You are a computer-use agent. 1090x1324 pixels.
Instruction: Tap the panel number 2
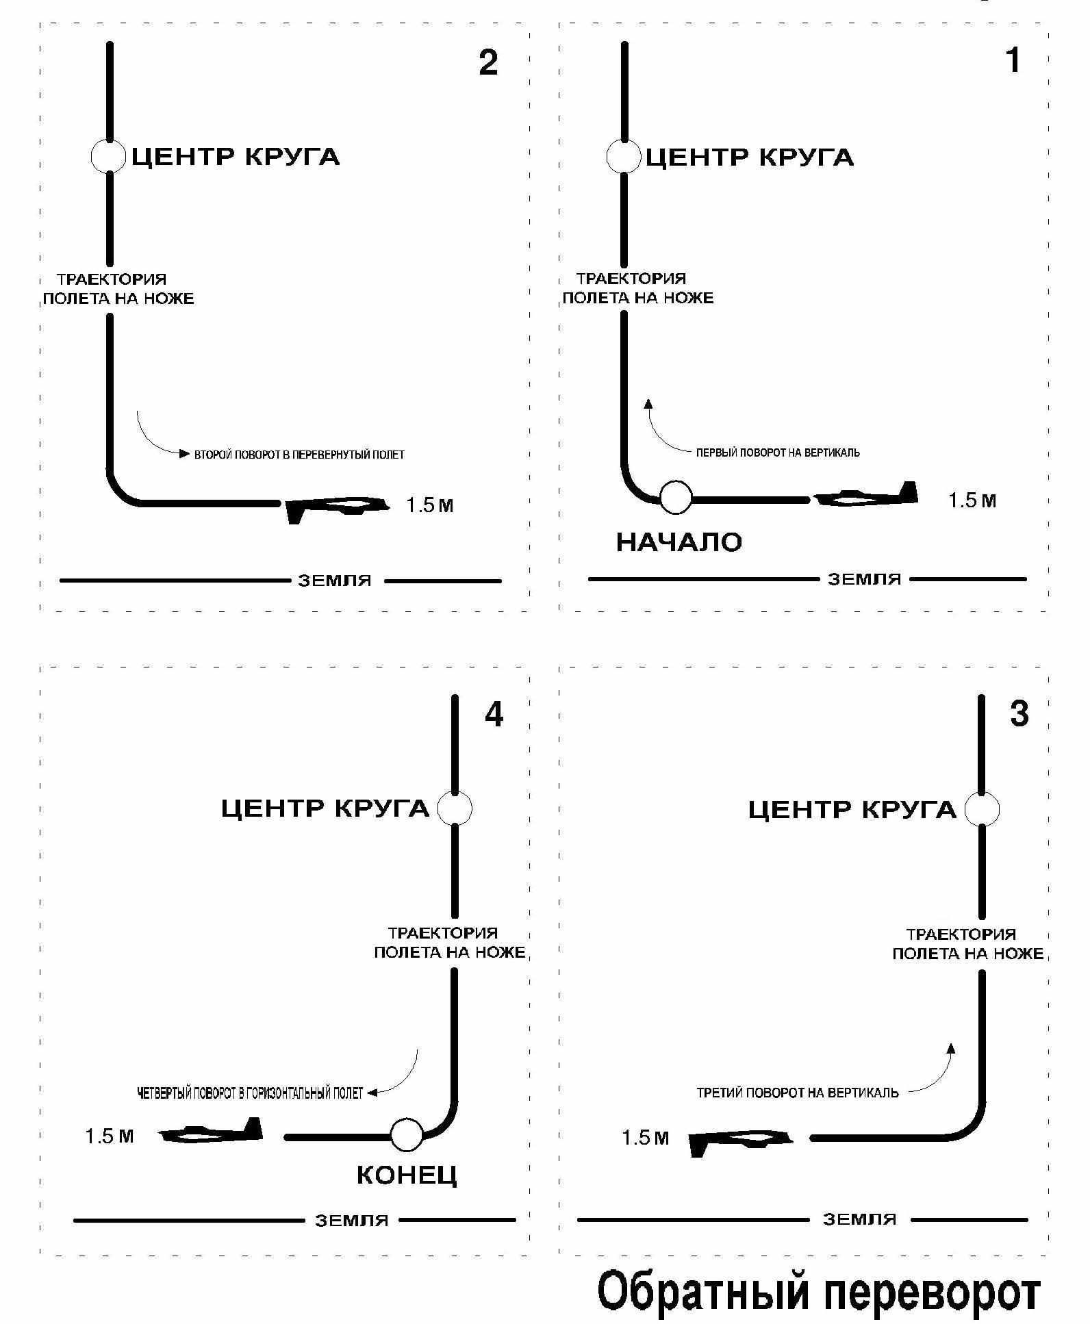coord(487,63)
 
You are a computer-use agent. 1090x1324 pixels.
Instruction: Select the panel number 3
coord(1019,714)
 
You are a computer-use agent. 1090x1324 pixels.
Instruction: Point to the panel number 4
coord(494,715)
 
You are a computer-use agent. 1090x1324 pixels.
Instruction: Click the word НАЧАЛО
coord(679,543)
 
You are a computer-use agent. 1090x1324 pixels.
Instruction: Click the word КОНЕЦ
coord(407,1175)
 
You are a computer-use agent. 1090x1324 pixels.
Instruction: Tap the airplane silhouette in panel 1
coord(866,496)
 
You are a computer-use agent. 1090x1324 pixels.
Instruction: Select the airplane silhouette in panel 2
coord(336,507)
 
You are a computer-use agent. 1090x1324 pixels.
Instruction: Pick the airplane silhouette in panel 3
coord(740,1141)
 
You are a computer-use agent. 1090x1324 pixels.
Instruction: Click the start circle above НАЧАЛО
coord(676,498)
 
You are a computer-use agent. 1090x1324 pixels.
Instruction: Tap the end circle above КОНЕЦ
coord(407,1134)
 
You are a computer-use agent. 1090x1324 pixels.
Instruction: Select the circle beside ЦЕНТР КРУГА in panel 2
coord(108,156)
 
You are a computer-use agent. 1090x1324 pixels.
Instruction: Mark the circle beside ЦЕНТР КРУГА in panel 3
coord(981,809)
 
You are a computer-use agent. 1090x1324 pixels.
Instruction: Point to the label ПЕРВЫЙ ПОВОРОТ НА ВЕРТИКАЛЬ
coord(778,453)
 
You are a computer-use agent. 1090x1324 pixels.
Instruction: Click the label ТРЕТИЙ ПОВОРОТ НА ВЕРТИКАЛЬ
coord(797,1093)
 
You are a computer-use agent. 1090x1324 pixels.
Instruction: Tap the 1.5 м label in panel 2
coord(429,506)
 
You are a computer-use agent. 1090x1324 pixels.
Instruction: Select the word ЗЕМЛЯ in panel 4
coord(351,1221)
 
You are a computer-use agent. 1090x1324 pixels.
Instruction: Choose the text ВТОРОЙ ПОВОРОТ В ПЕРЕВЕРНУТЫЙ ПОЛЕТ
coord(299,455)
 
